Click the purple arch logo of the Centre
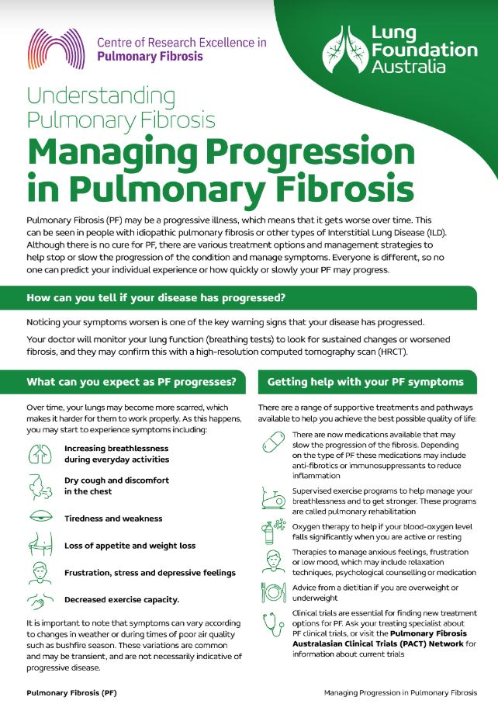click(x=56, y=49)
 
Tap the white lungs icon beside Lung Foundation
click(x=345, y=49)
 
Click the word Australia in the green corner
click(x=409, y=67)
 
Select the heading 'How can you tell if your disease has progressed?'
click(x=156, y=298)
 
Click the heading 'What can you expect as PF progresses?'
click(x=131, y=382)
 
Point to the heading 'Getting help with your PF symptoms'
click(x=365, y=382)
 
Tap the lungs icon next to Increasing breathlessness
click(x=40, y=454)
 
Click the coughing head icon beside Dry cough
click(x=40, y=487)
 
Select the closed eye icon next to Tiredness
click(x=41, y=517)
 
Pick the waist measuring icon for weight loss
click(x=40, y=544)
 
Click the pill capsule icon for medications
click(x=274, y=442)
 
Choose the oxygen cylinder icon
click(x=273, y=531)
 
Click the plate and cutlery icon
click(x=274, y=592)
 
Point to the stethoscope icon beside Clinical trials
click(x=274, y=623)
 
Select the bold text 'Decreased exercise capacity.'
click(x=122, y=600)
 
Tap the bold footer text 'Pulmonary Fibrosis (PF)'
click(x=71, y=693)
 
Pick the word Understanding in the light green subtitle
click(x=101, y=96)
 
